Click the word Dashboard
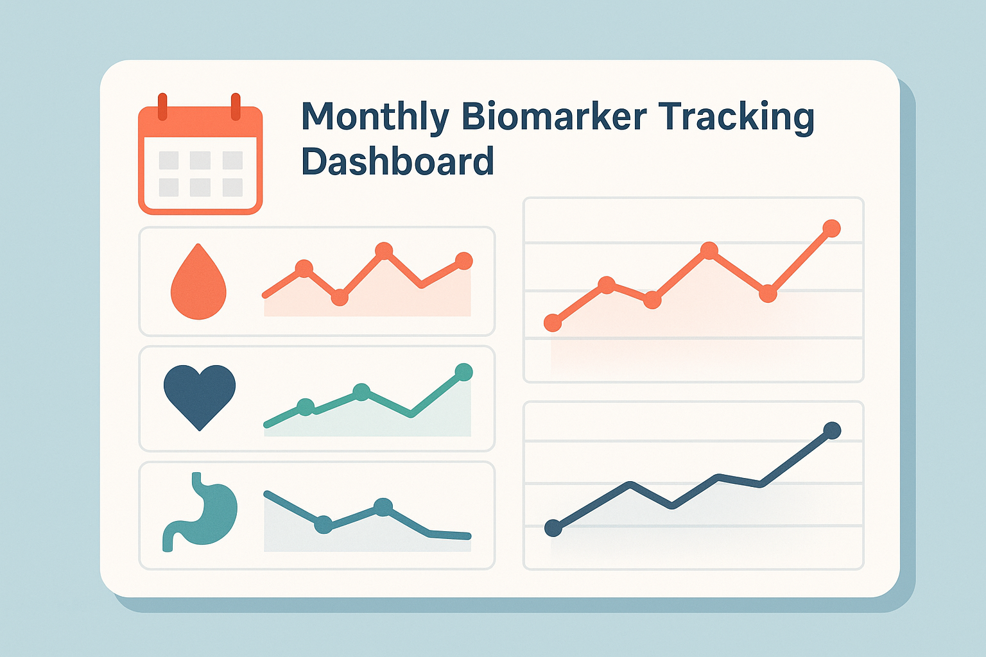tap(397, 161)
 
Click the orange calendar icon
tap(200, 157)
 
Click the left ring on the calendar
tap(162, 107)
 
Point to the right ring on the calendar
tap(236, 107)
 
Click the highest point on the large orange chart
tap(831, 228)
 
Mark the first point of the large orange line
tap(552, 323)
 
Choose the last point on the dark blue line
tap(832, 430)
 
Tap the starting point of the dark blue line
tap(553, 528)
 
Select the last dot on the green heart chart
tap(463, 371)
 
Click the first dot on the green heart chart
tap(306, 407)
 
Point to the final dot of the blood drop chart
tap(463, 260)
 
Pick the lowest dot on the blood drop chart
tap(340, 297)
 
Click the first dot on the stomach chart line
tap(324, 524)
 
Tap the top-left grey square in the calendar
tap(168, 160)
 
